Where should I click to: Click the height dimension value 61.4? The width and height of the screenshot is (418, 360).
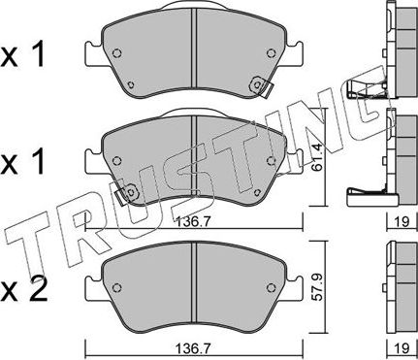pos(318,157)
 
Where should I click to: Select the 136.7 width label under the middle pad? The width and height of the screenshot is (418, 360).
pos(194,222)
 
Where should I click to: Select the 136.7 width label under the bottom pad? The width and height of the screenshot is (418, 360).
pos(194,348)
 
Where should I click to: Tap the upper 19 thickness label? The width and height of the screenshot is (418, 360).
pos(402,222)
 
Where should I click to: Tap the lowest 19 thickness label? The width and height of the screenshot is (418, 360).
pos(402,348)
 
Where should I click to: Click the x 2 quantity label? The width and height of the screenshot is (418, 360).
pos(23,289)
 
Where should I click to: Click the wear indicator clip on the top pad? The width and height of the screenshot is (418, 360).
pos(261,86)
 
